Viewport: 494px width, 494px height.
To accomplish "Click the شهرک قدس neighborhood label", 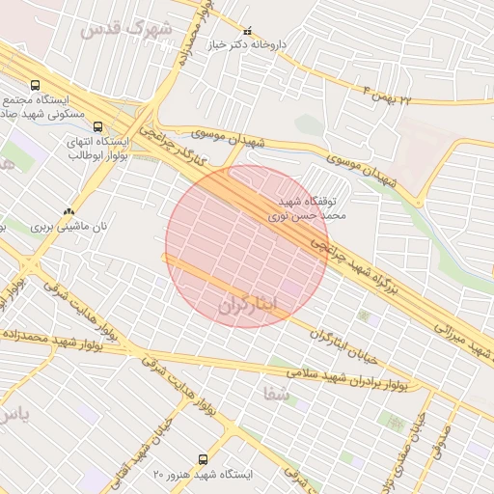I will pos(126,29).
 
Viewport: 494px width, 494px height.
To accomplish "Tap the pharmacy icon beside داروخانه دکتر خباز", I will pos(248,31).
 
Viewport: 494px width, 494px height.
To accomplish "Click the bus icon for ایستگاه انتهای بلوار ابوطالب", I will pos(97,126).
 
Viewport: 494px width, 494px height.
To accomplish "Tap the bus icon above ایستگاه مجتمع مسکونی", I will pos(36,85).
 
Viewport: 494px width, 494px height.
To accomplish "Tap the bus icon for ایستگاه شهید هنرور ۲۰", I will pos(203,459).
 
